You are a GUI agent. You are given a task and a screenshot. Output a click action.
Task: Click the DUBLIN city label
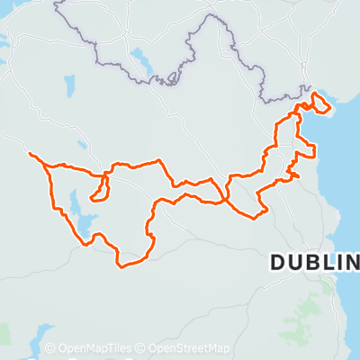point(314,263)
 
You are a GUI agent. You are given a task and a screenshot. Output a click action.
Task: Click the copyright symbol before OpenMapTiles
point(50,348)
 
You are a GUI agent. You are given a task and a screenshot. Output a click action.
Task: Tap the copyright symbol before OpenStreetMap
point(142,348)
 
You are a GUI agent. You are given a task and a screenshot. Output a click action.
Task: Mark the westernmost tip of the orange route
point(31,154)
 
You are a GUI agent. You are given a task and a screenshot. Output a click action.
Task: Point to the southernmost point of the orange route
point(122,265)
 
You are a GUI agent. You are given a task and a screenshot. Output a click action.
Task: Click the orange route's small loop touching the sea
point(321,106)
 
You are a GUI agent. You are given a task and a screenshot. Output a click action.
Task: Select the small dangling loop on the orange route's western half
point(102,185)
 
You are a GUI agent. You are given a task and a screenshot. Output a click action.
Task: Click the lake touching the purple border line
point(142,63)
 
